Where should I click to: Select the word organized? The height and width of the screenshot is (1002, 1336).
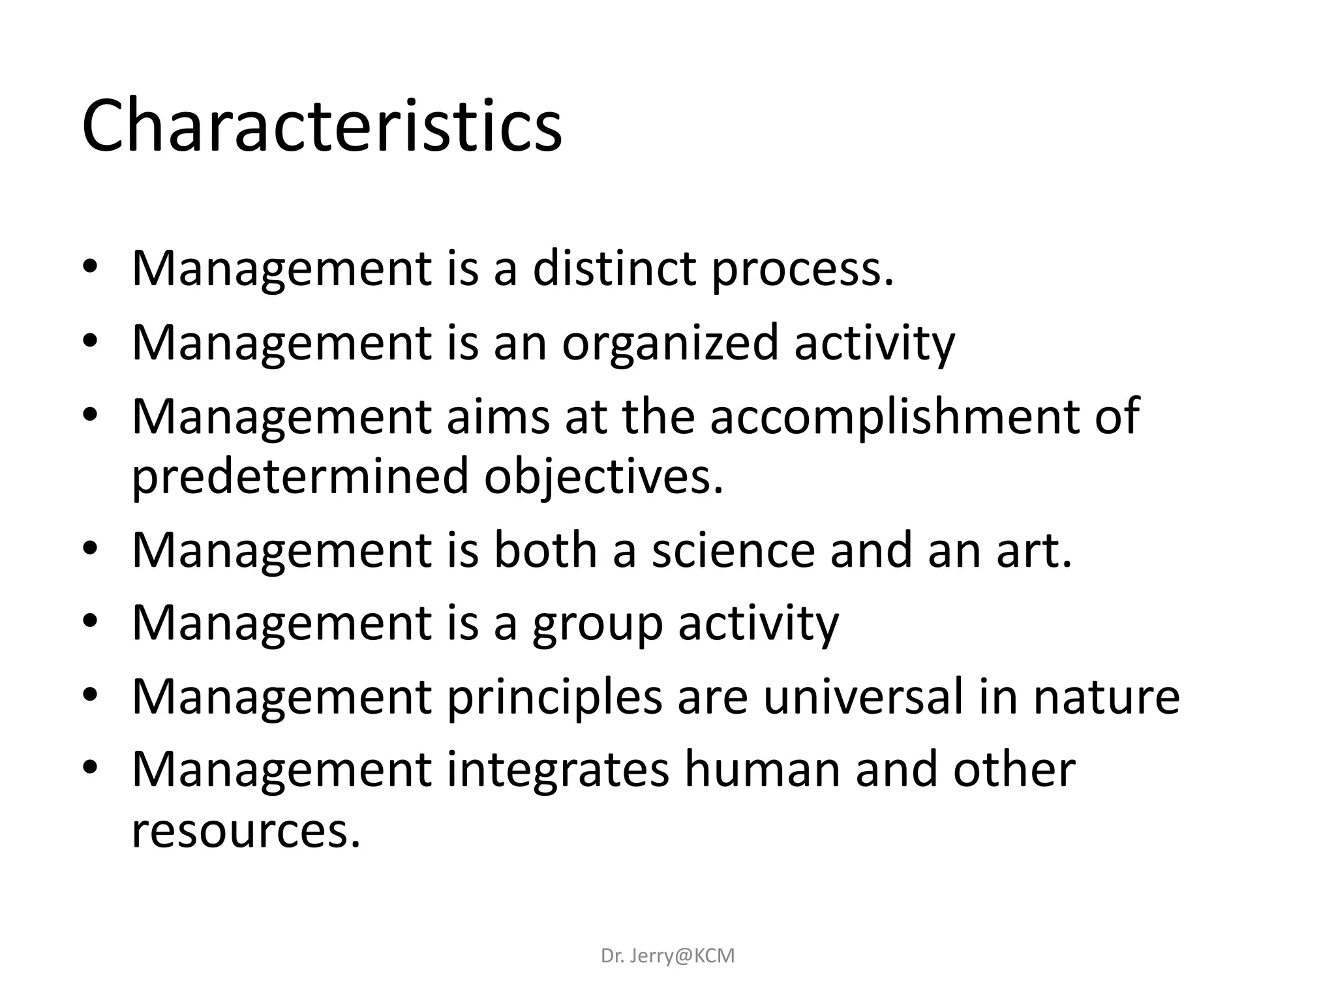pyautogui.click(x=670, y=342)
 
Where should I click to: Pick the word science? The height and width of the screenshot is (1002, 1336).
pyautogui.click(x=733, y=549)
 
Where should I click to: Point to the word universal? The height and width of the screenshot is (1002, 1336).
pyautogui.click(x=863, y=697)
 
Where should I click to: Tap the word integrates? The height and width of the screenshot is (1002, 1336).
pyautogui.click(x=558, y=770)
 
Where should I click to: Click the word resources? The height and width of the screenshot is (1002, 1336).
pyautogui.click(x=246, y=830)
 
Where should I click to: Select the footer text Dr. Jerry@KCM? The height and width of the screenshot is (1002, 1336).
pyautogui.click(x=667, y=956)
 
